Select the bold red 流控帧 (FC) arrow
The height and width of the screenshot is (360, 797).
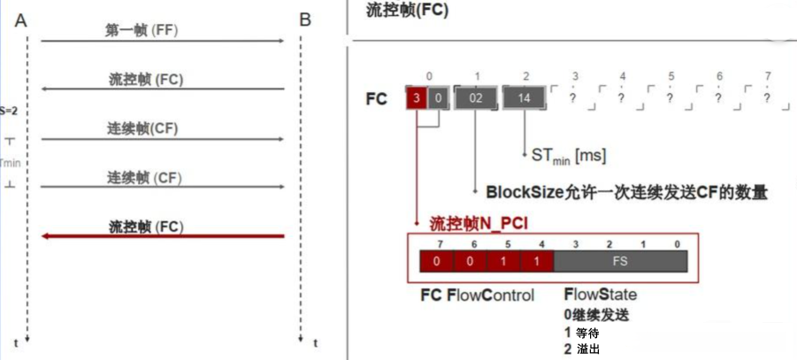[x=163, y=235]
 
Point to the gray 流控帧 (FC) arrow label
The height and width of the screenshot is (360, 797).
[x=146, y=80]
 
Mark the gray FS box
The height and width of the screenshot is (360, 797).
[x=620, y=260]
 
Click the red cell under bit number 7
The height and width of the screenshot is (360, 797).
[x=436, y=260]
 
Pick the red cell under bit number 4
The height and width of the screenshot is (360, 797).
[x=536, y=260]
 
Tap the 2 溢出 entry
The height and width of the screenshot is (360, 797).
[x=585, y=350]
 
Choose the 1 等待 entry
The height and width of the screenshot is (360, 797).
[x=585, y=333]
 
